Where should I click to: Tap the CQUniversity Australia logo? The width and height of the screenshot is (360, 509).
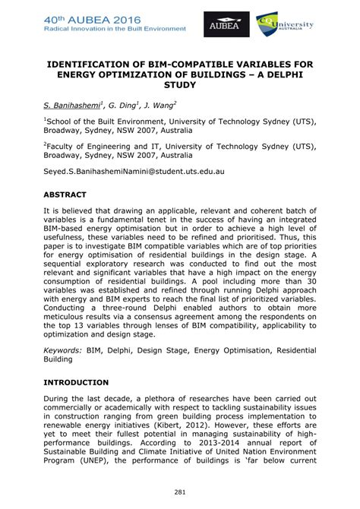(285, 24)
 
